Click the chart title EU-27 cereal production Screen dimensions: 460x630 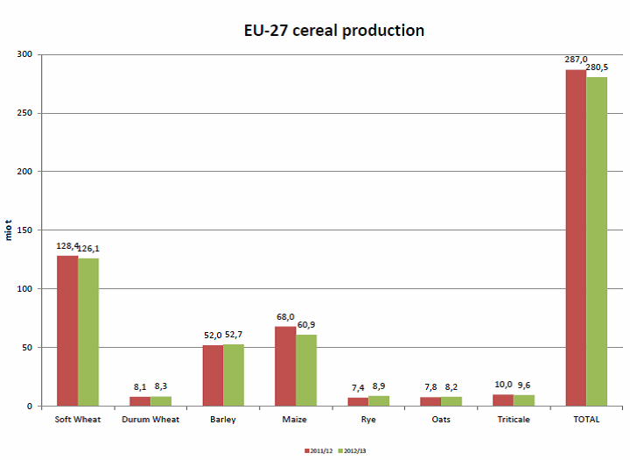coord(334,31)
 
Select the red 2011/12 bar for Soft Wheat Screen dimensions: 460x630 coord(67,330)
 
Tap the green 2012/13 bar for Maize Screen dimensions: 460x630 coord(306,370)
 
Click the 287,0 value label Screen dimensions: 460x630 coord(576,59)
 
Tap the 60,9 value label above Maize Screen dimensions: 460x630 coord(307,325)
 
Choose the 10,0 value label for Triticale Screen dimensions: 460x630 coord(503,385)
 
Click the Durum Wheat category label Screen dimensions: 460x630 coord(150,420)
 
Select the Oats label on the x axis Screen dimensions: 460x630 coord(441,420)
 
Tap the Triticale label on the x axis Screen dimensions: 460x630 coord(514,420)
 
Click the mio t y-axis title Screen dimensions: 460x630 coord(9,230)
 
